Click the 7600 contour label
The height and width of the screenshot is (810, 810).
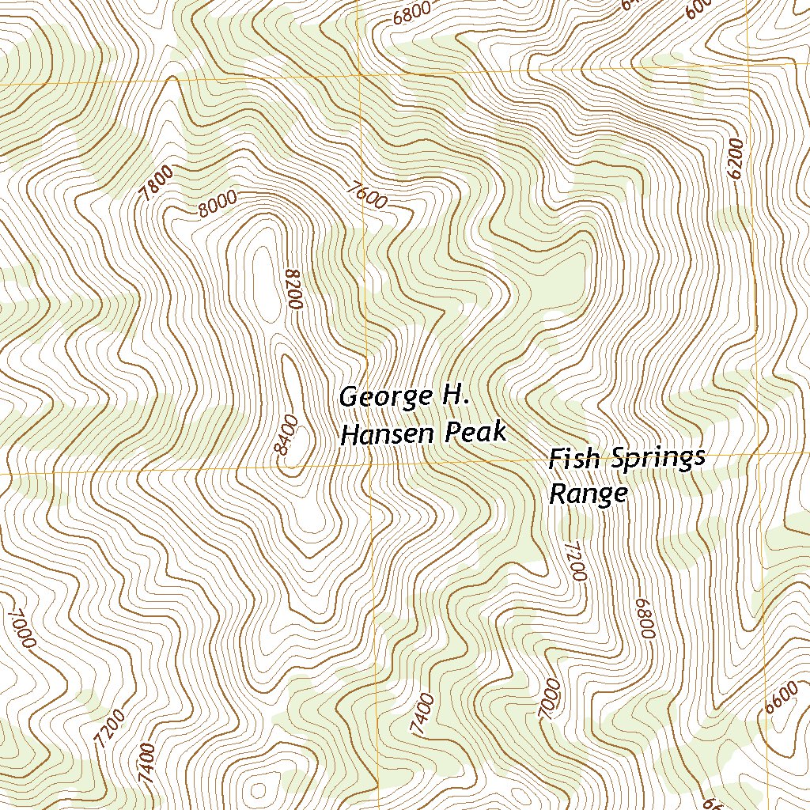click(x=367, y=195)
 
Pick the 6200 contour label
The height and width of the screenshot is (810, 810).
click(x=736, y=159)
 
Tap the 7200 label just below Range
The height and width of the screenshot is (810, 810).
click(x=577, y=562)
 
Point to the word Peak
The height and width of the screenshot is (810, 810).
click(x=478, y=433)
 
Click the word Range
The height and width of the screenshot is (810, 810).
click(x=589, y=494)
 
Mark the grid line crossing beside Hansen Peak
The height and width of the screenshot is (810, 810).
click(x=369, y=466)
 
